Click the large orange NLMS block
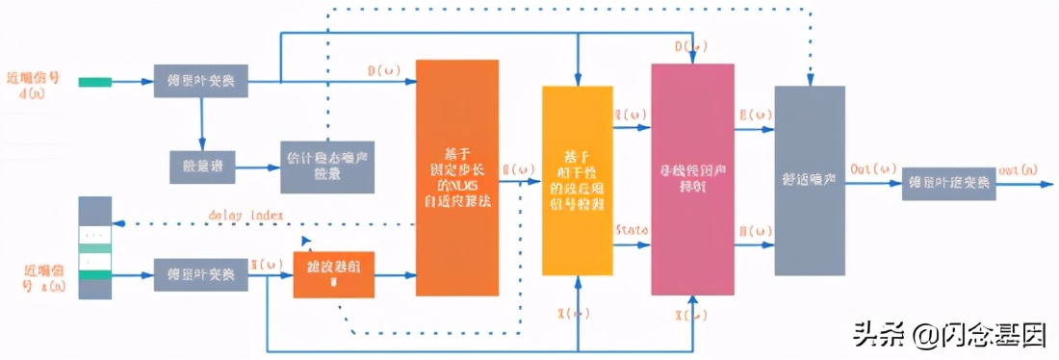tap(457, 177)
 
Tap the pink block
tap(692, 179)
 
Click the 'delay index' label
tap(245, 214)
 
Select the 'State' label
tap(631, 230)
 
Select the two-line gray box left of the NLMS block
tap(326, 165)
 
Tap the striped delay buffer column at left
tap(94, 247)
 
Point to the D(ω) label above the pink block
tap(691, 45)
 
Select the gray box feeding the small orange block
tap(200, 274)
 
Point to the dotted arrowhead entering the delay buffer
tap(116, 223)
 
